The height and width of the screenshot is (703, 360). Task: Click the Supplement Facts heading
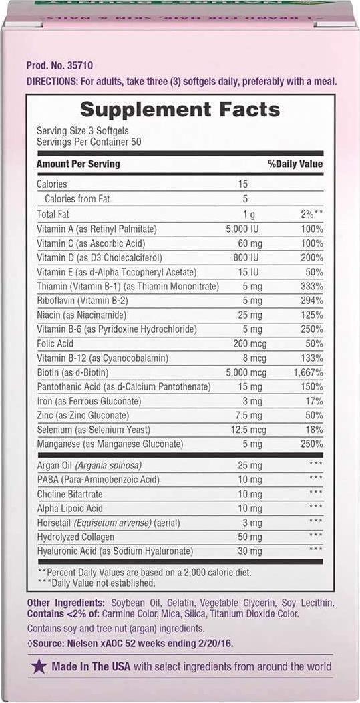180,110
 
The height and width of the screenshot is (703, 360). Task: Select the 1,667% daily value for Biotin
308,372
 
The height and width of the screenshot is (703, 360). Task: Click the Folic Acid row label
56,343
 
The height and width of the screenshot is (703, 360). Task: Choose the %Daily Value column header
295,164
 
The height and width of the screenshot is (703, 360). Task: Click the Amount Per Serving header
78,164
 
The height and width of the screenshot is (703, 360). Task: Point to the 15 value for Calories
244,184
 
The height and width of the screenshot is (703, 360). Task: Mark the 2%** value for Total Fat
311,214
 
